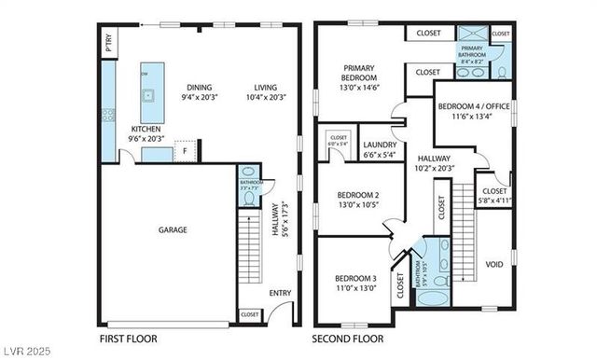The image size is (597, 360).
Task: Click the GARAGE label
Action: tap(172, 229)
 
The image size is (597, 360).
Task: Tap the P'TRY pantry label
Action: tap(109, 44)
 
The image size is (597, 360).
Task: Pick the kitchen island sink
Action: tap(146, 93)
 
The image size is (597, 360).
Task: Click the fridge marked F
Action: tap(186, 150)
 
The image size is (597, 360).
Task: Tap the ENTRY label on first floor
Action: tap(279, 293)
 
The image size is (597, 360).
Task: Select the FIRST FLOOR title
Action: tap(128, 339)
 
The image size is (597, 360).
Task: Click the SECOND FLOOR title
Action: tap(348, 339)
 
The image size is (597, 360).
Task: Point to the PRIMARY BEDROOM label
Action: tap(358, 73)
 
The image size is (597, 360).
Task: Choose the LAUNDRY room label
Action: tap(380, 145)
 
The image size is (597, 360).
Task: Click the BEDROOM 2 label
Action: tap(358, 195)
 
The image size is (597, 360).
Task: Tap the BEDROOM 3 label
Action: tap(355, 277)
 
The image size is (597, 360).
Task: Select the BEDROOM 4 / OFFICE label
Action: tap(474, 106)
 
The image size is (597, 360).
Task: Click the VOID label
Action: tap(494, 264)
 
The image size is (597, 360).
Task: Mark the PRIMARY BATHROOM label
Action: tap(472, 52)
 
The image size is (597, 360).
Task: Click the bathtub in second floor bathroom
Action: tap(433, 300)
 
